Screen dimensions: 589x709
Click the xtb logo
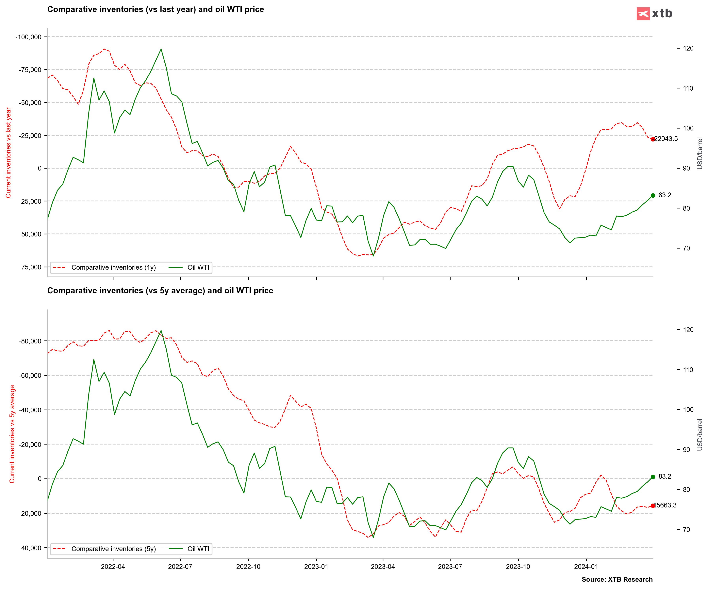pos(654,13)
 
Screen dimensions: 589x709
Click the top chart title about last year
pos(155,9)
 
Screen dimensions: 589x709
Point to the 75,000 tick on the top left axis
pos(31,267)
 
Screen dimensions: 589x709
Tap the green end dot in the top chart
pos(653,195)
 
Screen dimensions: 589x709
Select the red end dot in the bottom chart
pos(653,506)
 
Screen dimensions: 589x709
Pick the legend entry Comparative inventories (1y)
pos(113,267)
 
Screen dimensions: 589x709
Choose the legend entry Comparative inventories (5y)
pos(113,549)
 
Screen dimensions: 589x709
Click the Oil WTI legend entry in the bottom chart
pos(198,549)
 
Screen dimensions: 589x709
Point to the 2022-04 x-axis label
pos(113,566)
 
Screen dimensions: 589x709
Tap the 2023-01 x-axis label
pos(316,566)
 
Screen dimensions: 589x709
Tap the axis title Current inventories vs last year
pos(8,153)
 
